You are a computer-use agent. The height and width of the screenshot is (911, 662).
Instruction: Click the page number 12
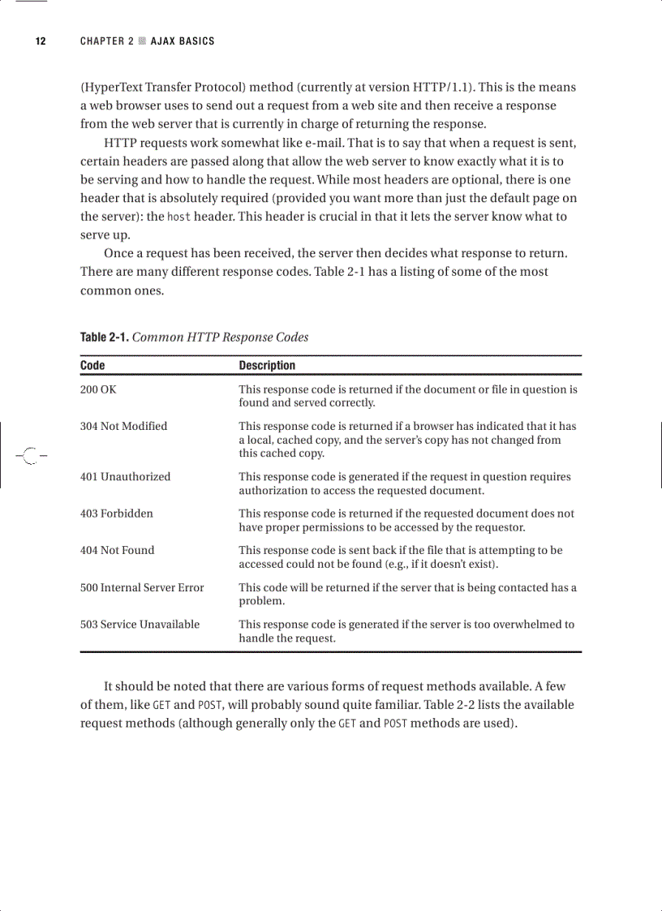[x=40, y=41]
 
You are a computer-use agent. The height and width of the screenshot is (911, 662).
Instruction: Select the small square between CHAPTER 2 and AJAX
[x=142, y=41]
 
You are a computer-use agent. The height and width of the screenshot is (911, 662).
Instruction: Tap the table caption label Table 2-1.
[x=104, y=337]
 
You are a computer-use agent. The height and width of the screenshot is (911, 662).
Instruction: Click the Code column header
[x=92, y=366]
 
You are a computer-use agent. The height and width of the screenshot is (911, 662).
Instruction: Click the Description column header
[x=267, y=366]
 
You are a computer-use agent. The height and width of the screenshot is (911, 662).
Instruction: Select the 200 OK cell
[x=98, y=389]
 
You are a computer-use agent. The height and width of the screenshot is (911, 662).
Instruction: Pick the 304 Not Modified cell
[x=123, y=426]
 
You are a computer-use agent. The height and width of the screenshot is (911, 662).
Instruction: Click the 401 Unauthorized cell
[x=125, y=477]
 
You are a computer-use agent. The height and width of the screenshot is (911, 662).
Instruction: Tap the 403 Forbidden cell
[x=116, y=514]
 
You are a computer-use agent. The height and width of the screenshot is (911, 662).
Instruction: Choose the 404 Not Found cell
[x=117, y=550]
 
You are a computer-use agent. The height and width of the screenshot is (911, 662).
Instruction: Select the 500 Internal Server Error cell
[x=142, y=587]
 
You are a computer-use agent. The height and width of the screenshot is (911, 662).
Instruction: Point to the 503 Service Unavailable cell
[x=140, y=625]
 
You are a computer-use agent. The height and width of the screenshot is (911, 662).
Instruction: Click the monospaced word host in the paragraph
[x=179, y=217]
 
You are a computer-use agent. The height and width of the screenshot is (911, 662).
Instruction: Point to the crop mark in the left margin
[x=29, y=456]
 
